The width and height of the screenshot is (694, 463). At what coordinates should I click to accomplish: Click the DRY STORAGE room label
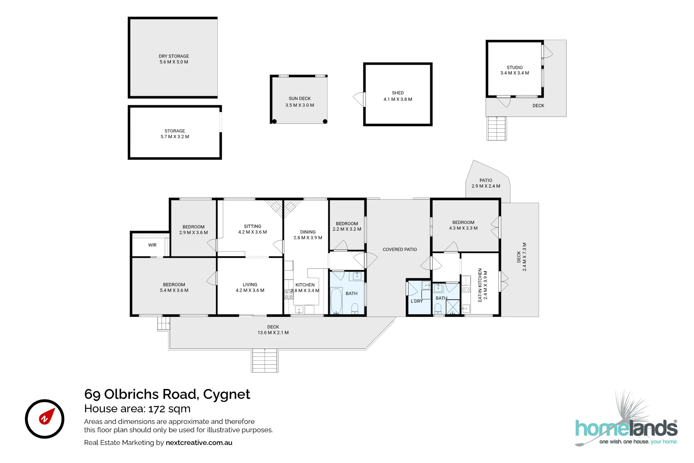coord(174,56)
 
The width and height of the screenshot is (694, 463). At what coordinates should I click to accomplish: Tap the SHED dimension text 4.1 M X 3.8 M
coord(398,99)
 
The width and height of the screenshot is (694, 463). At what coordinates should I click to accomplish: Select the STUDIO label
coord(515,67)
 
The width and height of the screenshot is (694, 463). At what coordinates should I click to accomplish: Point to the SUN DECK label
coord(300,99)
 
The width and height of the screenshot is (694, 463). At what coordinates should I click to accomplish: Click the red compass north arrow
coord(46,416)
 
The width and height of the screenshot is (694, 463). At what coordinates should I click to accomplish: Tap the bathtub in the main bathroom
coord(336,301)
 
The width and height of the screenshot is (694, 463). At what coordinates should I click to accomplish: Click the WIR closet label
coord(152,245)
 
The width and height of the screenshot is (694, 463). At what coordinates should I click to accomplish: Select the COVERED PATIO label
coord(400,249)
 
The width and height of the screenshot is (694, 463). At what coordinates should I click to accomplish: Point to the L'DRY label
coord(417,301)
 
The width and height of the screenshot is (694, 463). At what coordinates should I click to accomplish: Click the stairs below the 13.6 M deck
coord(265,361)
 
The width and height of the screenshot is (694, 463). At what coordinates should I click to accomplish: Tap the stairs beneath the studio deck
coord(497,129)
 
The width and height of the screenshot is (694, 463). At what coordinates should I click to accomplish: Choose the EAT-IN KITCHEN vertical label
coord(480,285)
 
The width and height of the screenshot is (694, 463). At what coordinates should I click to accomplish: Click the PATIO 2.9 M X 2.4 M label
coord(486,183)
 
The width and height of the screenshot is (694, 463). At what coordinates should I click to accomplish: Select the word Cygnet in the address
coord(227,394)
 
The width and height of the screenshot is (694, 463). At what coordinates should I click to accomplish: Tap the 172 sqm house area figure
coord(169,409)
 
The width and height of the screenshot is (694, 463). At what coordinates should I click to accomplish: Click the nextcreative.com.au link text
coord(199,443)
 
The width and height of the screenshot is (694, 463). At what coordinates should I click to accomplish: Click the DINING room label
coord(308,232)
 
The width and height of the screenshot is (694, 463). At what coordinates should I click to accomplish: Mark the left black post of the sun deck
coord(274,122)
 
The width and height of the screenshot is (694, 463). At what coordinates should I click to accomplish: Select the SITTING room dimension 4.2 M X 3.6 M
coord(253,232)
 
